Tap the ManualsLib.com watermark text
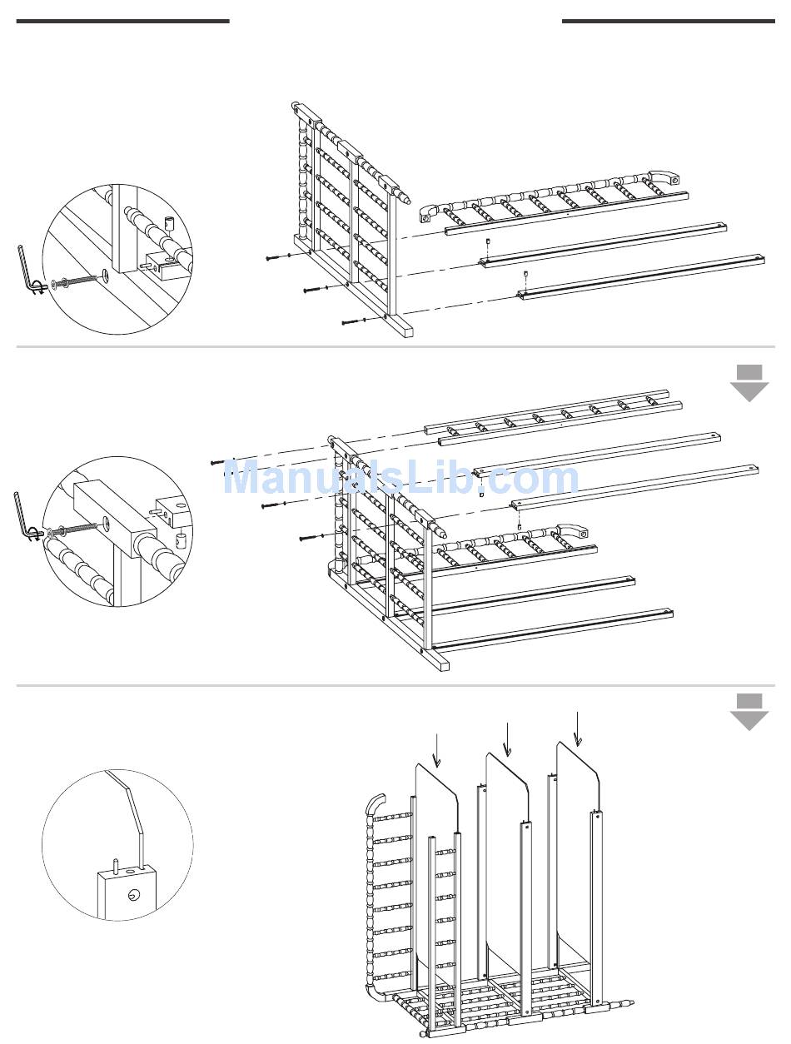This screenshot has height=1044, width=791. [x=401, y=478]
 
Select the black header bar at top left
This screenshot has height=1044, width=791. [x=122, y=22]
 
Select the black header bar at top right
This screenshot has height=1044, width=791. [x=669, y=22]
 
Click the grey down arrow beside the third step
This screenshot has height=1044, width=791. [x=749, y=713]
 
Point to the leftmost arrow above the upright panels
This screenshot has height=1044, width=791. [x=436, y=751]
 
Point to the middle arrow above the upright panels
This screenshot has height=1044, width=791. [x=507, y=739]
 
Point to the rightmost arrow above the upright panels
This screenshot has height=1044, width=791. [x=578, y=728]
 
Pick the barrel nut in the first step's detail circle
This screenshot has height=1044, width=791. [x=168, y=223]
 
